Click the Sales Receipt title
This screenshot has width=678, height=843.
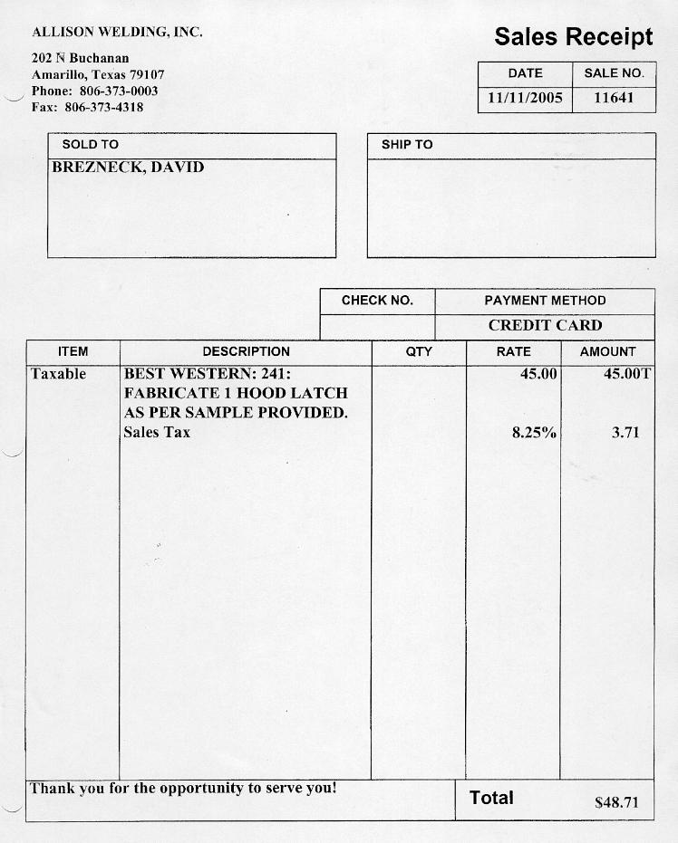click(573, 37)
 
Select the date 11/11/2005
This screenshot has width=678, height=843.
click(525, 98)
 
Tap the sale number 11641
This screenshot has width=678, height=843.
click(614, 98)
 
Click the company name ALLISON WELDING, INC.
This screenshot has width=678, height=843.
click(117, 32)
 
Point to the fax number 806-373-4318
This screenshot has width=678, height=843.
click(104, 107)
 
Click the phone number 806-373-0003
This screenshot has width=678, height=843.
click(119, 91)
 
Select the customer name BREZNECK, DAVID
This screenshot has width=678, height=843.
click(128, 168)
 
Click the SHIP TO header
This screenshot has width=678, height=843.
click(407, 145)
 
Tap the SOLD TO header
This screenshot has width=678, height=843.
click(90, 145)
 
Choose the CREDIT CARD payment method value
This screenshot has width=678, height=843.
click(545, 325)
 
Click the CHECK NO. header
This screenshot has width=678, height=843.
click(377, 301)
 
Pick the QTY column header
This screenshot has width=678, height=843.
click(419, 351)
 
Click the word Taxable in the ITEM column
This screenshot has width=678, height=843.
click(58, 374)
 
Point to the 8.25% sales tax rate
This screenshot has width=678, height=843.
click(534, 433)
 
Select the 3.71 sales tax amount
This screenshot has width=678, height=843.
click(625, 433)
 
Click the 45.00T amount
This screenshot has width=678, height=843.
click(627, 374)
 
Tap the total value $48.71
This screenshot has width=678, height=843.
click(616, 802)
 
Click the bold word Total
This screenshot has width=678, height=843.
click(491, 798)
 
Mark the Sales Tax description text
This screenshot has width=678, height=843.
click(157, 433)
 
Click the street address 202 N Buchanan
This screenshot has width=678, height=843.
click(81, 58)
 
